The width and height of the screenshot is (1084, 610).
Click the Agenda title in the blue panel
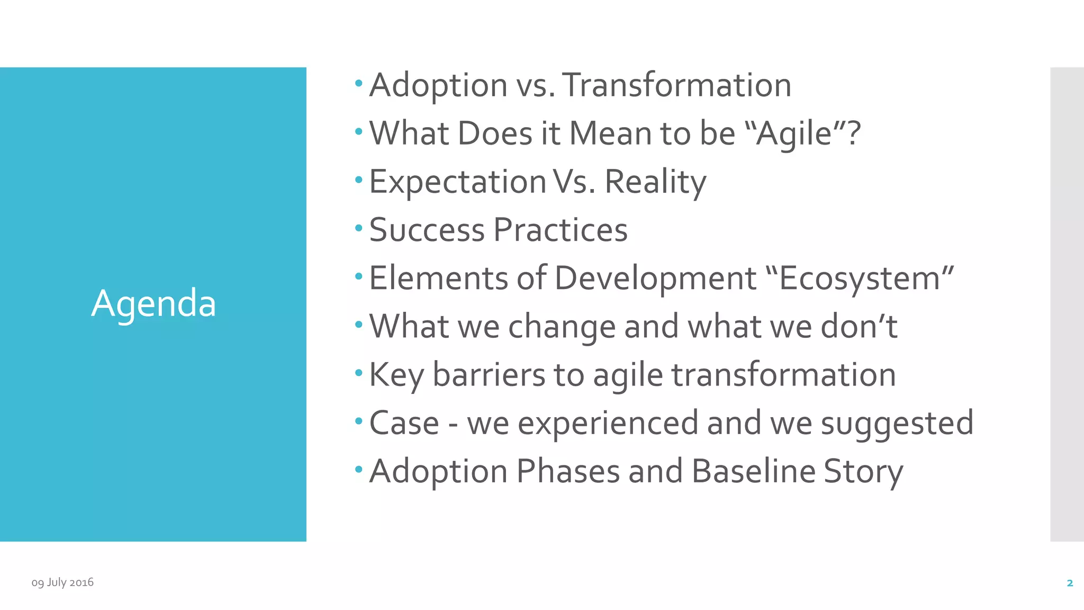coord(153,303)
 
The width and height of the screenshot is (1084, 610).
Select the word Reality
coord(655,182)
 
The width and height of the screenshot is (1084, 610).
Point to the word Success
coord(427,230)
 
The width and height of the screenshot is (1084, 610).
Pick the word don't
coord(858,326)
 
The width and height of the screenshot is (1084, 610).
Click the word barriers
coord(489,375)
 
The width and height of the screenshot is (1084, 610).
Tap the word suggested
coord(897,423)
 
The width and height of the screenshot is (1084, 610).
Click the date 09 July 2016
coord(62,582)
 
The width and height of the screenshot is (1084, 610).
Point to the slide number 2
coord(1070,583)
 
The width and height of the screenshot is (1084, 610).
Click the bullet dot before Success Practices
coord(359,229)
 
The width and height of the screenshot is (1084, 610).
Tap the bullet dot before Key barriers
coord(359,373)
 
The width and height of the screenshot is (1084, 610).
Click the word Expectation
coord(457,182)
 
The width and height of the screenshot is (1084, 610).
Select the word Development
coord(655,279)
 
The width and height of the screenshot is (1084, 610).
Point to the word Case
coord(404,423)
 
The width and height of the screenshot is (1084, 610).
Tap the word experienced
coord(608,423)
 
